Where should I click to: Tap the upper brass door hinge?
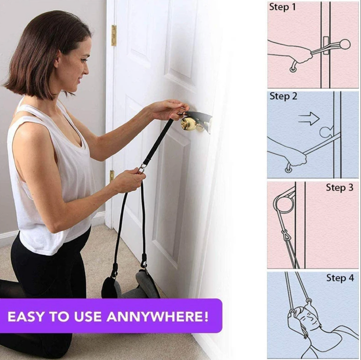114,36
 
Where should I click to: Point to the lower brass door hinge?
112,176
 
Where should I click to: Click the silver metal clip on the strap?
141,168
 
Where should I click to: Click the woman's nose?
86,69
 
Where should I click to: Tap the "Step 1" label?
282,7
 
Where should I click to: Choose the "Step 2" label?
283,96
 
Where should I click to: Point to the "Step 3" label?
339,188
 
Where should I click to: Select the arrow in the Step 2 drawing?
309,118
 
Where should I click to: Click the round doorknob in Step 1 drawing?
344,44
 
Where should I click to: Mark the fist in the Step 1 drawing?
302,60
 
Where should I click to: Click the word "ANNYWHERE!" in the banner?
158,317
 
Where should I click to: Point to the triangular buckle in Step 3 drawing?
285,235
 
